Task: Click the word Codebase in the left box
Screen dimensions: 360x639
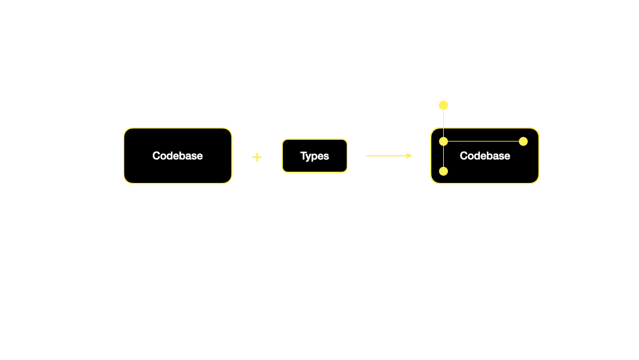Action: (177, 156)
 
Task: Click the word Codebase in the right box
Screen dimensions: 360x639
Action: (485, 156)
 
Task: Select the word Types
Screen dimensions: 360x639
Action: (314, 156)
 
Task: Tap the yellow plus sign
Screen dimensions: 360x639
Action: (257, 157)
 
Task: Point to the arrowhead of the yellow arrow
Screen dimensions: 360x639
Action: (409, 156)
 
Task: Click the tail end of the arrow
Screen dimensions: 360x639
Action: (367, 156)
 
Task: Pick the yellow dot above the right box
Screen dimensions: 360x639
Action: (443, 105)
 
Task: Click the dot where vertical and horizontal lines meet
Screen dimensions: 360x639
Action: (443, 142)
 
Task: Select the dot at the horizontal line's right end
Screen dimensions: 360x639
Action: (523, 142)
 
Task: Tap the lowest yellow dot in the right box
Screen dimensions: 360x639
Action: (443, 171)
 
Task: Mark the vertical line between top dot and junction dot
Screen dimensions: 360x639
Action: (443, 123)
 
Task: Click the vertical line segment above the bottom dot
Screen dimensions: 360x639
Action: (443, 157)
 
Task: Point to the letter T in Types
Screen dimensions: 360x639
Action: (303, 156)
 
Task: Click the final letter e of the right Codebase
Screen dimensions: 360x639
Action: (506, 156)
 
